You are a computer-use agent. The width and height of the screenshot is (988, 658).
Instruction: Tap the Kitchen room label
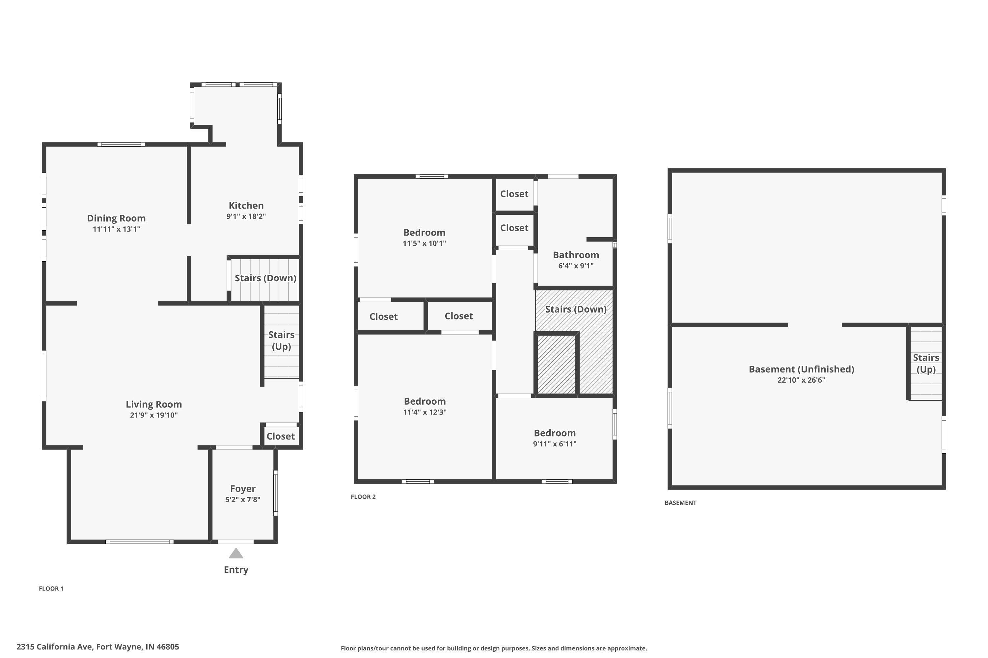246,206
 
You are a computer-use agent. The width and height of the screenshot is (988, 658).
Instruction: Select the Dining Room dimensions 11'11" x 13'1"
116,229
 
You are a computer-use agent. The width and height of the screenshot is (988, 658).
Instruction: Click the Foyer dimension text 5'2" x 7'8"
243,499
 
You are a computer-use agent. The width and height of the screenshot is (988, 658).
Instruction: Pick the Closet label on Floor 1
281,437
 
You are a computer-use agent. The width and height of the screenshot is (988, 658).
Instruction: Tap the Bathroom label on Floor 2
576,255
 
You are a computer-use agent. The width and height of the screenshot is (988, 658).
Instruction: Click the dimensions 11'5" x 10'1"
424,243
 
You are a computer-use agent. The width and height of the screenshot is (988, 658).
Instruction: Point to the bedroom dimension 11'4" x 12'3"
425,412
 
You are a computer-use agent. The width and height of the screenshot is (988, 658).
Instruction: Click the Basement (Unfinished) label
802,369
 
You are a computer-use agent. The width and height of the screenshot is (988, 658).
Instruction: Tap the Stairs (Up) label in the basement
926,364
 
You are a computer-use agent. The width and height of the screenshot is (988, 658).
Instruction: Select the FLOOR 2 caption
363,497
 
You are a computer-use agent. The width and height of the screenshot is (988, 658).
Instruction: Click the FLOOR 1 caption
51,589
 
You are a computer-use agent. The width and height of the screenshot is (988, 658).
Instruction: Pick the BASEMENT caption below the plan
680,503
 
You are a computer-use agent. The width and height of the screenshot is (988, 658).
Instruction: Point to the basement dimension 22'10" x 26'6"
802,380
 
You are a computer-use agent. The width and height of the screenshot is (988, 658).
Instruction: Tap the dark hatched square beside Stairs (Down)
557,364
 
